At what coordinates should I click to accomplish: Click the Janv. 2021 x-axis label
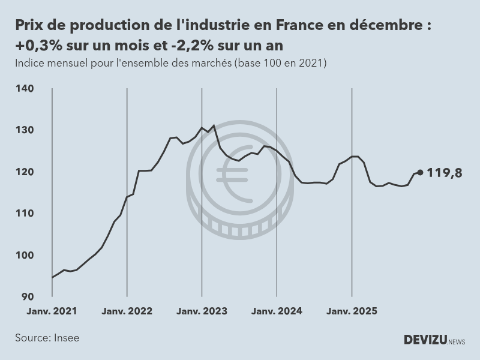52,311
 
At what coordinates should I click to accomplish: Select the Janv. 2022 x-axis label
127,311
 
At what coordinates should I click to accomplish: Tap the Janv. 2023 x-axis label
202,311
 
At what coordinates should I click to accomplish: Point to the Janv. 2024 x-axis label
277,311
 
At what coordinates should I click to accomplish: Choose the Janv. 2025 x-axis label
352,311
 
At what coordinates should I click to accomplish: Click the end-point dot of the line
420,172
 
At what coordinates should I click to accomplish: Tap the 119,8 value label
445,173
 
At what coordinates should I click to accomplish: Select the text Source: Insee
47,338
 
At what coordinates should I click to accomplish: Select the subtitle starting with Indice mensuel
170,63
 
